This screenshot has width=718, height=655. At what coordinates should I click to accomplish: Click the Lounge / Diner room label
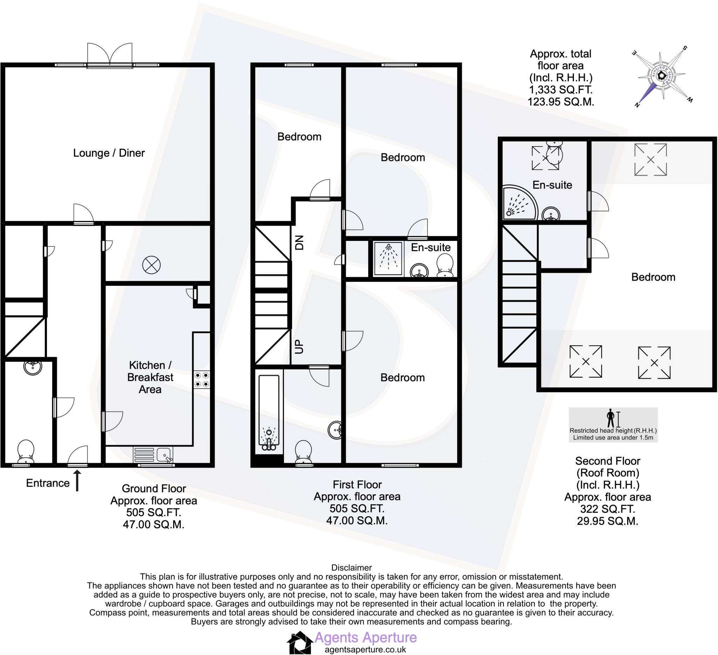tap(109, 153)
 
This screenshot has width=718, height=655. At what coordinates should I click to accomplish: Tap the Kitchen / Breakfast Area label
tap(150, 377)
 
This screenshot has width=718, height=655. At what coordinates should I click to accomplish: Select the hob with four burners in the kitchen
tap(202, 380)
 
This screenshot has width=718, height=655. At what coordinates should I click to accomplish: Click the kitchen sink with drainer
tap(153, 455)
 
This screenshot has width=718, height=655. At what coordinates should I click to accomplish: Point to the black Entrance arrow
tap(77, 480)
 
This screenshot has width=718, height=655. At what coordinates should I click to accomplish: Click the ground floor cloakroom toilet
tap(26, 452)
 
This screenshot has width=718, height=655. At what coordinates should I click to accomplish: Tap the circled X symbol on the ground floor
tap(151, 265)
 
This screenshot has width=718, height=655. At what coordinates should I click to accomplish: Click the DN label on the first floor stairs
tap(299, 243)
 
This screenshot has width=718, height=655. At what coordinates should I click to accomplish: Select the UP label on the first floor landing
tap(299, 346)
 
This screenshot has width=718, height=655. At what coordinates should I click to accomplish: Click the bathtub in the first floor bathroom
tap(269, 413)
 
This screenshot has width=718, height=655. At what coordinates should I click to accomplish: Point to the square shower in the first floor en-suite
tap(388, 259)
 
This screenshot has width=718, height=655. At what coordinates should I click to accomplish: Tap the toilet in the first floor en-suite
tap(445, 266)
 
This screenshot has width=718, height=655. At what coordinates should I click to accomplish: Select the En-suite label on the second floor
tap(552, 185)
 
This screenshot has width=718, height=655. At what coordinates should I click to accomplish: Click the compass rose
tap(662, 76)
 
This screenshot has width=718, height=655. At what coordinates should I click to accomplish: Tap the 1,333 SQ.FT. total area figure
tap(561, 90)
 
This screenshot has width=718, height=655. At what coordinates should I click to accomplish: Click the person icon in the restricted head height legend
tap(610, 418)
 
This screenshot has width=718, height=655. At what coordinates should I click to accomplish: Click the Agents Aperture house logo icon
tap(299, 642)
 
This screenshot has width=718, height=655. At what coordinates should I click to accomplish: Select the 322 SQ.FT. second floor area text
tap(607, 509)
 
